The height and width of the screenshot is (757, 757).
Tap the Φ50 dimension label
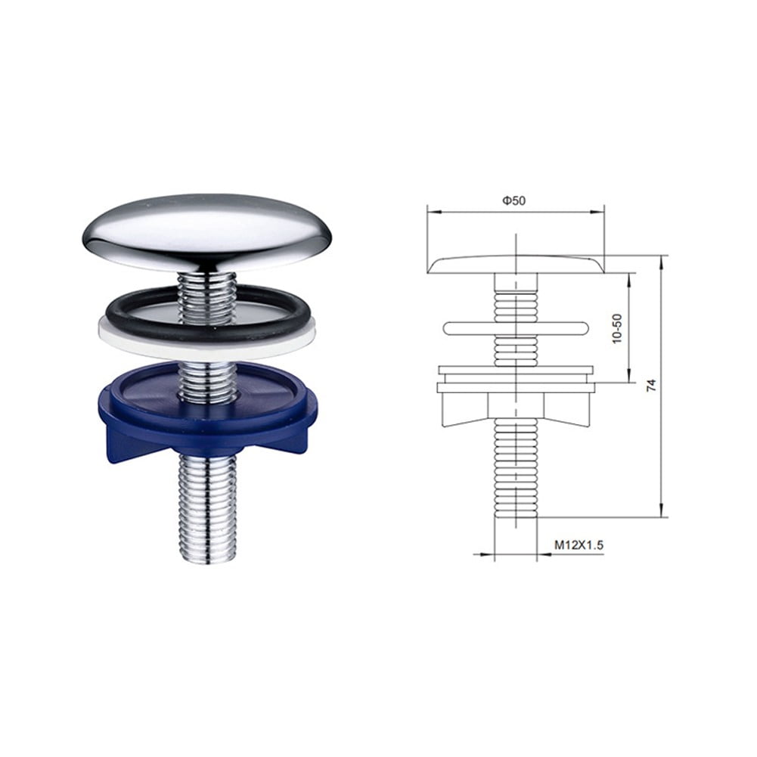click(513, 200)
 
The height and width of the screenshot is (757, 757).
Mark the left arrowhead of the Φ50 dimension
click(431, 212)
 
